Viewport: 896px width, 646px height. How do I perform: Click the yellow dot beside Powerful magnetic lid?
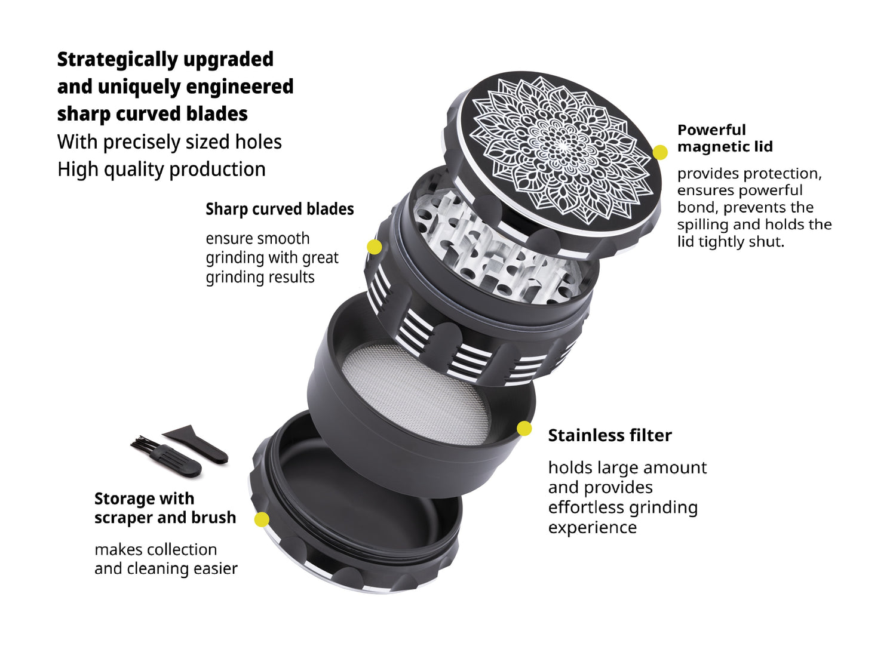660,152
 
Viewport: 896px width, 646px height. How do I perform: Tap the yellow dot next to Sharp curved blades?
375,247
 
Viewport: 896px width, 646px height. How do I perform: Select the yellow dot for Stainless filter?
524,429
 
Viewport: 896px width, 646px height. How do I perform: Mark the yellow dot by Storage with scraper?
262,519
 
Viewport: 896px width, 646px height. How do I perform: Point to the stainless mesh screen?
416,395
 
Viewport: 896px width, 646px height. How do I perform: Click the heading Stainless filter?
610,435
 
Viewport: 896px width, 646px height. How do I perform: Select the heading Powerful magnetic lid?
725,139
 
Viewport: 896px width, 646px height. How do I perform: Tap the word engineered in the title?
240,87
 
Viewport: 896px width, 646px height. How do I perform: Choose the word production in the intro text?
217,170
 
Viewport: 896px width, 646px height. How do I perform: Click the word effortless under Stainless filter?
584,507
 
